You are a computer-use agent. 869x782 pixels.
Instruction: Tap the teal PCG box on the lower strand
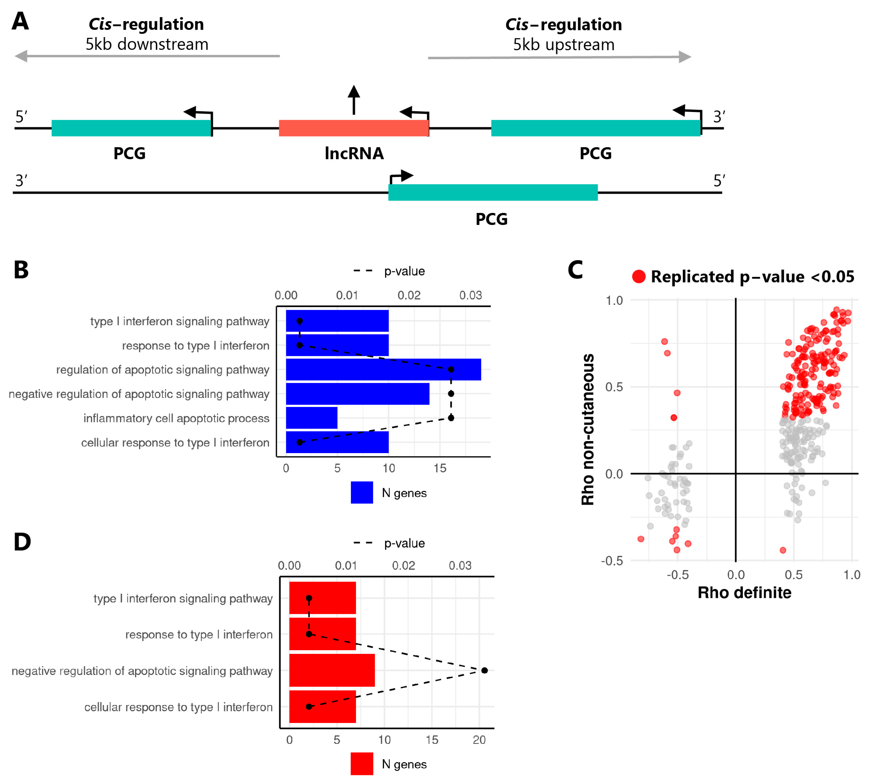(493, 192)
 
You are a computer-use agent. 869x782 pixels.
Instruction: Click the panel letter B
(21, 270)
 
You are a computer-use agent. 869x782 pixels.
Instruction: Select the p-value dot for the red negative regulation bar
(484, 670)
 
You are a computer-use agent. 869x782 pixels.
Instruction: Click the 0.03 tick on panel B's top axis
(471, 296)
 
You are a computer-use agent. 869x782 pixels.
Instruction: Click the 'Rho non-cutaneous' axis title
(588, 429)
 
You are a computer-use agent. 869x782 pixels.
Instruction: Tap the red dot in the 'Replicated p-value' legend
(639, 277)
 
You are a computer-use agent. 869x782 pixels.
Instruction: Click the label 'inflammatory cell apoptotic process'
(176, 418)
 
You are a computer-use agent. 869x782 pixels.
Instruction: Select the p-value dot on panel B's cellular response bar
(300, 442)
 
